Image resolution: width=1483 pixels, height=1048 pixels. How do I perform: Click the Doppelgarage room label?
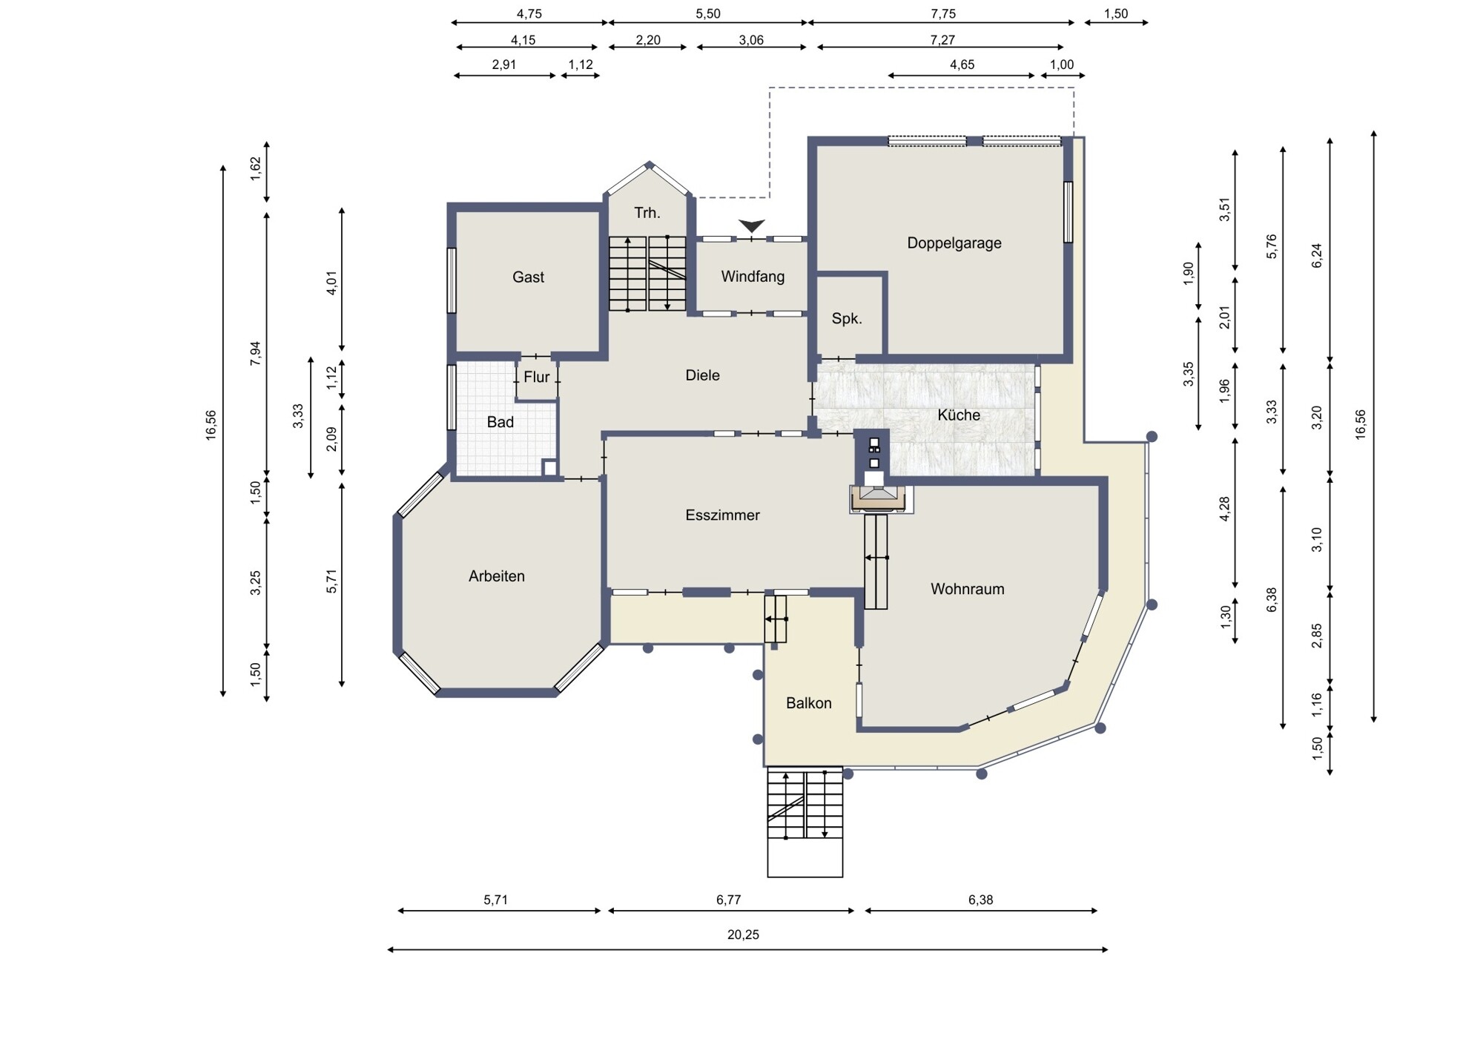point(954,243)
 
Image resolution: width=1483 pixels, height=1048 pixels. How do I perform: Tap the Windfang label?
point(753,277)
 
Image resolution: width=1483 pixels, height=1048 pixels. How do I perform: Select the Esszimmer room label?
point(722,515)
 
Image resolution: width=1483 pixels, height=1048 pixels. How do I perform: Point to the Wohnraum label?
point(968,589)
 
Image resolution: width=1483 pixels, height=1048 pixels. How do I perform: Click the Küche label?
point(959,415)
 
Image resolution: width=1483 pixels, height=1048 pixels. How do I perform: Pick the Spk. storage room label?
point(847,319)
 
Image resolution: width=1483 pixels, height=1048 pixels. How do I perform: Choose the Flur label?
point(537,377)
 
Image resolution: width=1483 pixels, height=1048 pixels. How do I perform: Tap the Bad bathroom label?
point(501,422)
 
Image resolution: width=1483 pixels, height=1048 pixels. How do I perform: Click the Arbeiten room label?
point(497,576)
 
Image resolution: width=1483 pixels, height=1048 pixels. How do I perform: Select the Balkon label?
point(809,703)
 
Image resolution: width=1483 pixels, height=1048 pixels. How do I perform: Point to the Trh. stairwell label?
point(647,214)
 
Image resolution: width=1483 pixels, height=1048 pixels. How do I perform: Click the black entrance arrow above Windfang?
point(752,225)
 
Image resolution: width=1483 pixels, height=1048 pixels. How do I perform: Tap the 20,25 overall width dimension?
point(743,935)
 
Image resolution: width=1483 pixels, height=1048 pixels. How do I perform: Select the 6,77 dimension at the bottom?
point(729,900)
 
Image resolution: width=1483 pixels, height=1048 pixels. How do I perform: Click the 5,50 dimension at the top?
point(708,14)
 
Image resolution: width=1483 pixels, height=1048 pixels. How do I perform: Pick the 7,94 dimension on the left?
point(256,353)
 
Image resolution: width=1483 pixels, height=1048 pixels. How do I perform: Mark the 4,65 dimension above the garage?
point(962,65)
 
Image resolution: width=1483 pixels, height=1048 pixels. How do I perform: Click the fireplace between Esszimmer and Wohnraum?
point(880,498)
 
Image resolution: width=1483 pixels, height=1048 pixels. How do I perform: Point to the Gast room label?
point(528,277)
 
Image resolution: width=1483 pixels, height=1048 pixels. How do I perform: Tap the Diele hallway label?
point(702,375)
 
